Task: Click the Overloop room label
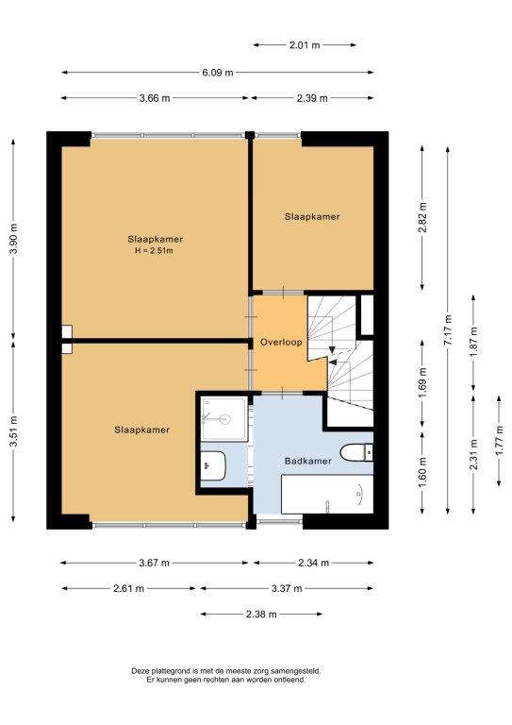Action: [281, 342]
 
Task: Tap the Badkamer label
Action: [308, 461]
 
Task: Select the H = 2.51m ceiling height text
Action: [155, 251]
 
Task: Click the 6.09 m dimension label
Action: [218, 73]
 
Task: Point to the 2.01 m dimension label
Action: [305, 45]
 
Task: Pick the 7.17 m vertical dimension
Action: [448, 329]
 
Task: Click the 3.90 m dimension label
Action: [14, 239]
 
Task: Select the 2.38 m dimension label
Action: [261, 614]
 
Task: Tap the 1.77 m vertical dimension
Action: [499, 441]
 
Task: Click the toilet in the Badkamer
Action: [356, 452]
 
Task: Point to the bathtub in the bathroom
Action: [327, 495]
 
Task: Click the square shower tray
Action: [224, 419]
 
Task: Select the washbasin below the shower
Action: [213, 466]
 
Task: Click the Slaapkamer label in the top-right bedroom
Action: [312, 216]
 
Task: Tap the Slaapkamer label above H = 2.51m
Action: [156, 240]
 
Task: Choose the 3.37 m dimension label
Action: [287, 589]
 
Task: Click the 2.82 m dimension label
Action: [422, 217]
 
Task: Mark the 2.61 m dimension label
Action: [129, 589]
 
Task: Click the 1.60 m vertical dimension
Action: [422, 473]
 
